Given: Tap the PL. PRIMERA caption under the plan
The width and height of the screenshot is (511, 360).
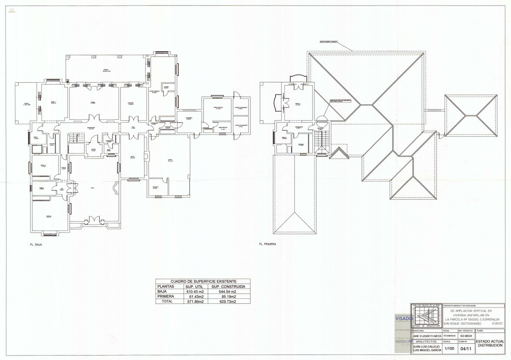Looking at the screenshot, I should pos(268,245).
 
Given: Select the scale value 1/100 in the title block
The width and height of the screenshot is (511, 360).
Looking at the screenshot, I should pos(449,348).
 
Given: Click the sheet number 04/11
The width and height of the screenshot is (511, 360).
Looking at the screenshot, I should pos(465,348).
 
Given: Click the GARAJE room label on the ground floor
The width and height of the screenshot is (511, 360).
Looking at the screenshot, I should pos(169,161).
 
